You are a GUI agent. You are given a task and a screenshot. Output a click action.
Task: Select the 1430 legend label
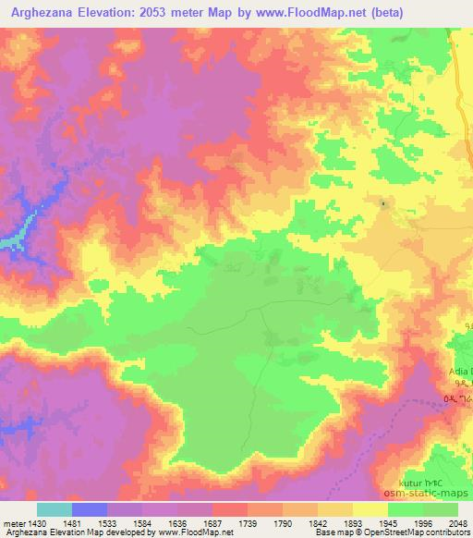[x=34, y=522]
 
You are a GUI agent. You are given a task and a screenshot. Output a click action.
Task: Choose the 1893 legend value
[x=368, y=522]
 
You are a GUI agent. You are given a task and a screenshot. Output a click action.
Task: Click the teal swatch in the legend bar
[x=55, y=509]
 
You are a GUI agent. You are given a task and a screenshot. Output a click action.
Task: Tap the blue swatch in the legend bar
[x=90, y=509]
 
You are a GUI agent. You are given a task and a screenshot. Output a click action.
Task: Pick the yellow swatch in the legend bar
[x=369, y=509]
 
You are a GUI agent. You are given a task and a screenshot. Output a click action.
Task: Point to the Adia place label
[x=459, y=372]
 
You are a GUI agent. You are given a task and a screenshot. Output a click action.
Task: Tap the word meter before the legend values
[x=14, y=522]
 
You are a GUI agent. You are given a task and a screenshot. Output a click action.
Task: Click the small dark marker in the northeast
[x=382, y=201]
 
